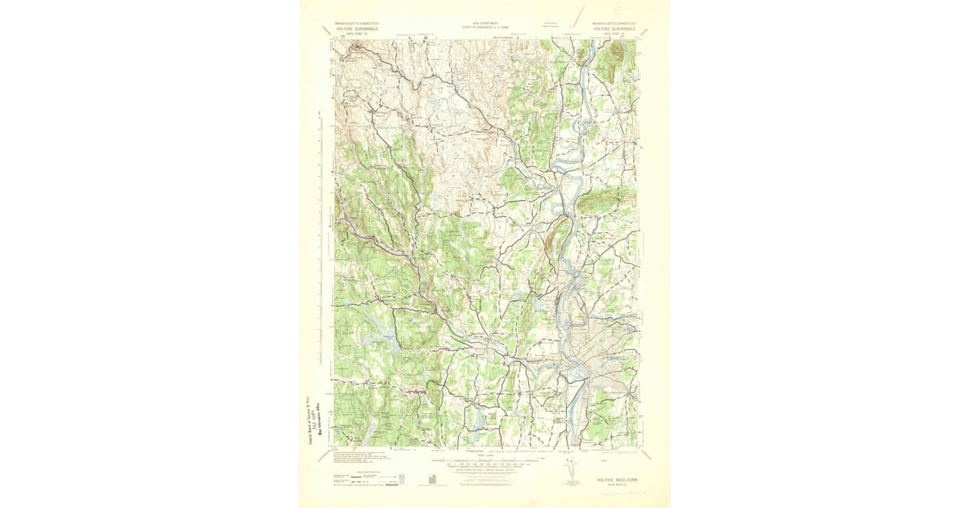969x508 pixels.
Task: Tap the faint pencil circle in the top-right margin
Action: point(618,10)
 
